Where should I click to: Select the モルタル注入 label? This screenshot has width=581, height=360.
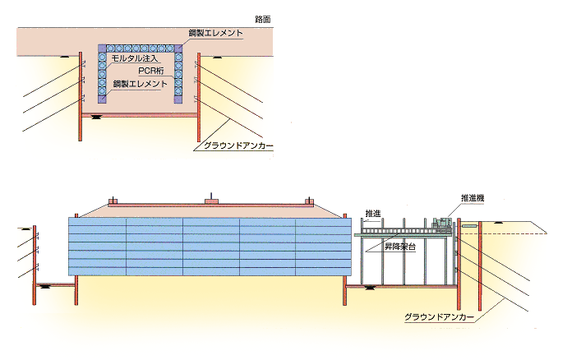(x=134, y=59)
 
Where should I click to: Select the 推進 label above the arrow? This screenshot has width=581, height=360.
(x=373, y=213)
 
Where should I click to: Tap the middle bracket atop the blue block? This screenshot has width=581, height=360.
(x=211, y=199)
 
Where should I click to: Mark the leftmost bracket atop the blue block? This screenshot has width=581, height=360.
(x=113, y=201)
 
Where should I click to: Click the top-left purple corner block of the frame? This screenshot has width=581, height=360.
(x=103, y=48)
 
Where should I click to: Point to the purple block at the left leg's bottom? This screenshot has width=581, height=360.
(x=103, y=99)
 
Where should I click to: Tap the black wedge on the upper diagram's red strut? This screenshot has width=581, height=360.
(x=97, y=117)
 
